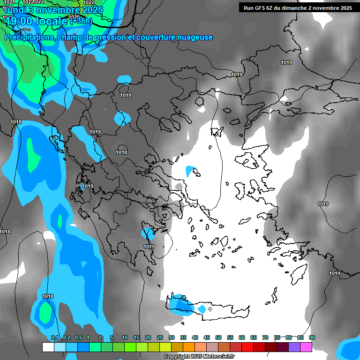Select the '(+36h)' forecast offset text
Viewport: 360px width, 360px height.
point(81,21)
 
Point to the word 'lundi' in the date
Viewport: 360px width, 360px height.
point(13,9)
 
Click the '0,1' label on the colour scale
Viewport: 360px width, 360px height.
point(55,338)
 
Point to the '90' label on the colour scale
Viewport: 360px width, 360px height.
point(312,338)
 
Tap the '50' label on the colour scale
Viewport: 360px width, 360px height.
point(218,338)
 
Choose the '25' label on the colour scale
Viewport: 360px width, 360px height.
point(160,338)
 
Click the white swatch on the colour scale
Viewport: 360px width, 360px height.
point(48,347)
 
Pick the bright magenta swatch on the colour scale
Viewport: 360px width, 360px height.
point(306,347)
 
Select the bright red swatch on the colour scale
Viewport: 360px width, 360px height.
point(247,347)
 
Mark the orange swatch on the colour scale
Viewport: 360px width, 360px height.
point(189,347)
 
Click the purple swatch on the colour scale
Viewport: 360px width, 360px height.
point(294,347)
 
